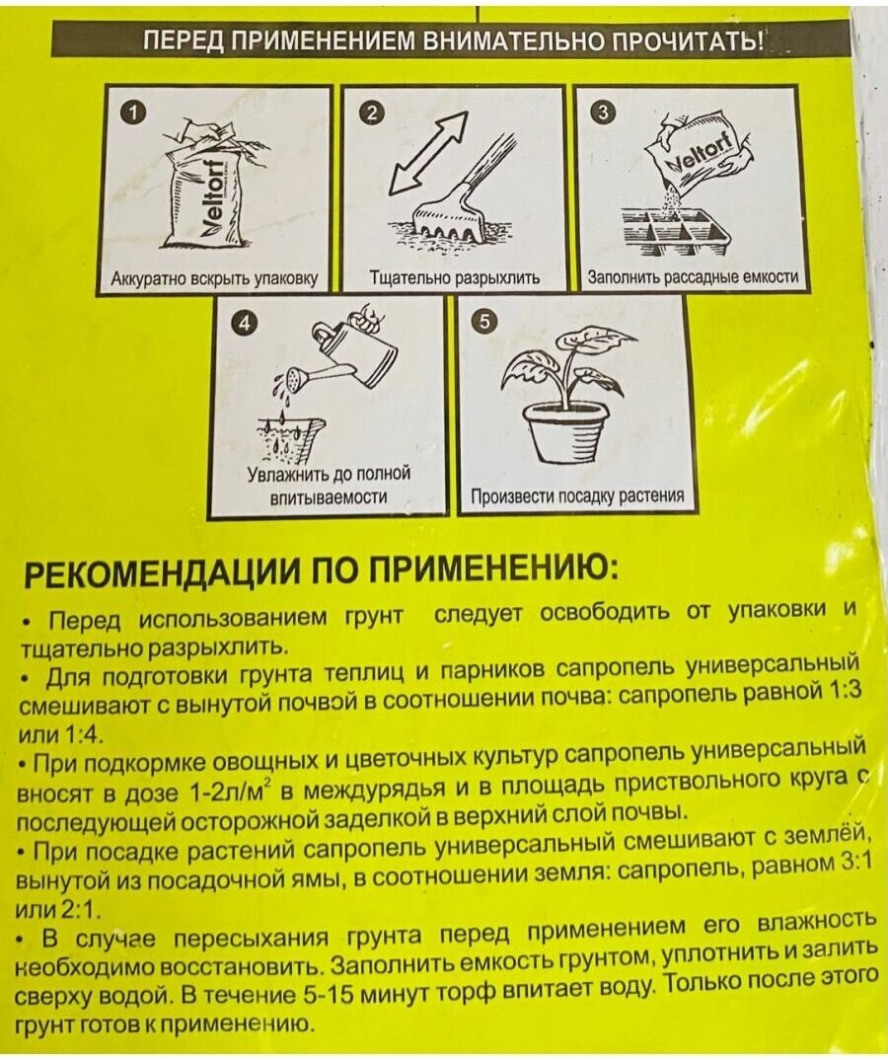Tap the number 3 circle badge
tap(604, 112)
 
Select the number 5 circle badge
tap(483, 323)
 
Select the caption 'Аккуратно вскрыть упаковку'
tap(214, 278)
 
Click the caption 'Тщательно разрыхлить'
tap(454, 278)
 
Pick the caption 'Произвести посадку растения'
tap(577, 495)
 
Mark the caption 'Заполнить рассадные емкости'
tap(692, 278)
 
